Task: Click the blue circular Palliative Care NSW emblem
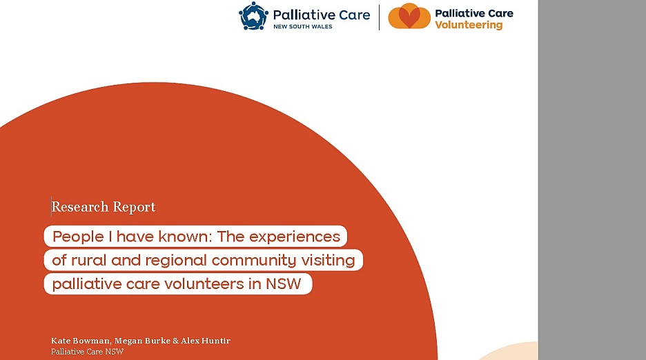click(253, 16)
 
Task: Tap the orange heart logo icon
click(409, 16)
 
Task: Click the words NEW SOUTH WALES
click(303, 26)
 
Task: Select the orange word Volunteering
click(469, 25)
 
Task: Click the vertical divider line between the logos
click(379, 17)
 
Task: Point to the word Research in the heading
click(80, 206)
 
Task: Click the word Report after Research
click(134, 207)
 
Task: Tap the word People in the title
click(78, 237)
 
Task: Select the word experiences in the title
click(295, 237)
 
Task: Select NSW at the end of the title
click(284, 284)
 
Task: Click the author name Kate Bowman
click(80, 341)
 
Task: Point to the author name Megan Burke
click(142, 341)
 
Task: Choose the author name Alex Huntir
click(206, 341)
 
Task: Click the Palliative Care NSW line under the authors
click(88, 352)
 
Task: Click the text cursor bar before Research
click(51, 206)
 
